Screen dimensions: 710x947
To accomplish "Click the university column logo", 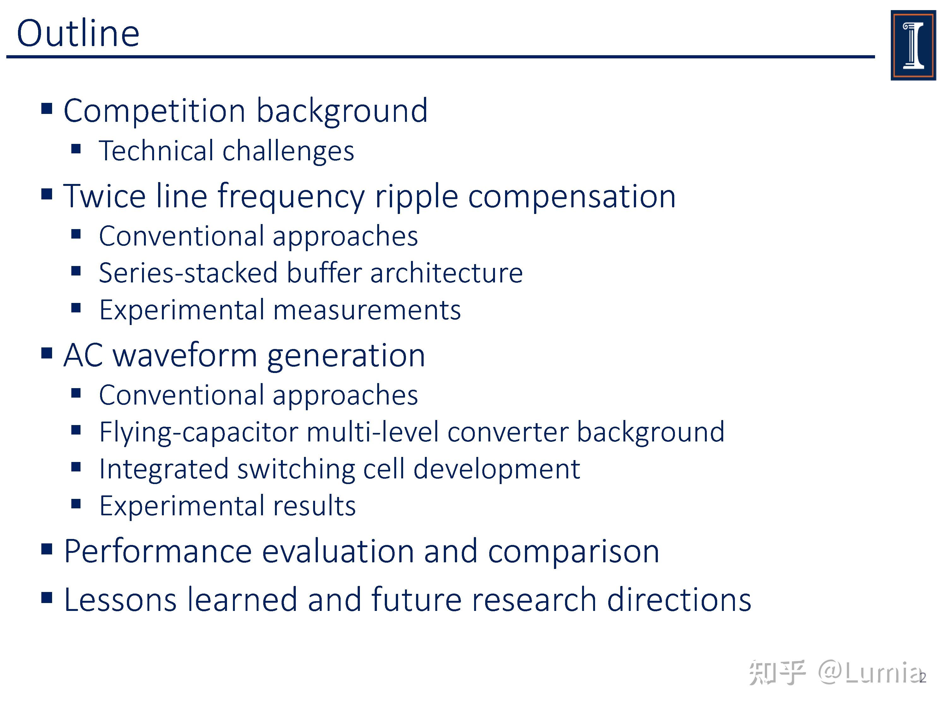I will tap(913, 45).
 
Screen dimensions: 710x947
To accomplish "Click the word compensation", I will tap(572, 197).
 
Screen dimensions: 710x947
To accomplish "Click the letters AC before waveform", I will tap(83, 355).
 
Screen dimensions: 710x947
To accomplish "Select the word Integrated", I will tap(163, 469).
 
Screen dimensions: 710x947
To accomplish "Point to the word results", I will tap(314, 506).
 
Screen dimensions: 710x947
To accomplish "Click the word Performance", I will tap(158, 551).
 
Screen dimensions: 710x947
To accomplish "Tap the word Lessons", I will tap(120, 600).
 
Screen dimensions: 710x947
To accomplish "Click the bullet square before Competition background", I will tap(47, 109).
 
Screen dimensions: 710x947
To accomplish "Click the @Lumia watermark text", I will tap(869, 673).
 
